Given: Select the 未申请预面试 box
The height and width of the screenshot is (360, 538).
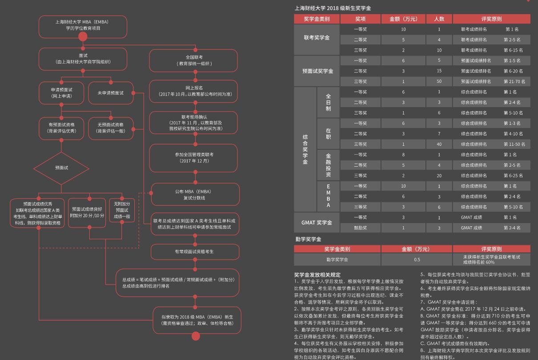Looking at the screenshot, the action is (111, 93).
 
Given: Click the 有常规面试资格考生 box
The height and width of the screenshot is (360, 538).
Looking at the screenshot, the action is (195, 252).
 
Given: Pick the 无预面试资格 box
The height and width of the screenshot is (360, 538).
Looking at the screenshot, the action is (111, 128).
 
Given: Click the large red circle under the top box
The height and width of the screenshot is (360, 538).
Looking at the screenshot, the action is (83, 37).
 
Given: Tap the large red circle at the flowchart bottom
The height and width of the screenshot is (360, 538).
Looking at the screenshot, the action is (196, 336).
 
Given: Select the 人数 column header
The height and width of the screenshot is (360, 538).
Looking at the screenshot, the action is (439, 19).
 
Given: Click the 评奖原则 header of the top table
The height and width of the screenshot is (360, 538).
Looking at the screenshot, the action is (491, 19).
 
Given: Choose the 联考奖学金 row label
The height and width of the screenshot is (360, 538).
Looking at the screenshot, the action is (317, 38).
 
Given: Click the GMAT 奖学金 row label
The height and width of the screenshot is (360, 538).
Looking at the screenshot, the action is (317, 223).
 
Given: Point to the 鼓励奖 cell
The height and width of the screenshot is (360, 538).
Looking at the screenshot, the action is (360, 228).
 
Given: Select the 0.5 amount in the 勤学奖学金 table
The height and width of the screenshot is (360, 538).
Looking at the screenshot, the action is (417, 260).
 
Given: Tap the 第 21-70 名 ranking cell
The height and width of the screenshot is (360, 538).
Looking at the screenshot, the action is (514, 82).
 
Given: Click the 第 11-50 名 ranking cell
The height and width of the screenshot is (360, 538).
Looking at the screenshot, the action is (514, 144).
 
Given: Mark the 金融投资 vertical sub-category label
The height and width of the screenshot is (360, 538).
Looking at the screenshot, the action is (328, 165).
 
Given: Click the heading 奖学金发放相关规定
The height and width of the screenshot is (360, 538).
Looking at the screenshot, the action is (317, 275).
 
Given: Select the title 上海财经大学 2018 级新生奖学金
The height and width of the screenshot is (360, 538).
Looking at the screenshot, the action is (333, 8).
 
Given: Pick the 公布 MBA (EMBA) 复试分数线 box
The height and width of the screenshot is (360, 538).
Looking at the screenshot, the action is (195, 194).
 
